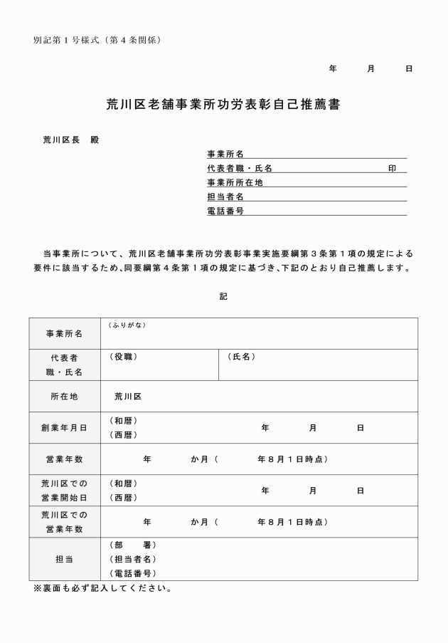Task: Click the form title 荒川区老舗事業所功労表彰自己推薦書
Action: [x=223, y=105]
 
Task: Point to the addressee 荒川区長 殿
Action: [x=70, y=140]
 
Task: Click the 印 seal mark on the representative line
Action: [x=392, y=168]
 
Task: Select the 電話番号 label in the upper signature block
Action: [x=225, y=211]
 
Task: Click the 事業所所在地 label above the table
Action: [x=235, y=182]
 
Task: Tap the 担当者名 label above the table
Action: [x=225, y=197]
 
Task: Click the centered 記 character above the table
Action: [x=223, y=296]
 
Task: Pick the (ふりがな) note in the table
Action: [x=127, y=325]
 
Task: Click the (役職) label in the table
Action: [x=123, y=357]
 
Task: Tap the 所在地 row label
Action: [x=64, y=397]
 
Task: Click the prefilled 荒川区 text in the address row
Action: [x=128, y=397]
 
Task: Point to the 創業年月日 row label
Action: [x=64, y=428]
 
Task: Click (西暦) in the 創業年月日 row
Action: [x=123, y=435]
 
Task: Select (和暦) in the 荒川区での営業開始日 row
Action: [x=123, y=483]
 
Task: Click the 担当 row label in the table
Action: [x=64, y=559]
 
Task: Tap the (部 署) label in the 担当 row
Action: [x=133, y=545]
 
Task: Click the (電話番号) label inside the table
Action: [x=133, y=573]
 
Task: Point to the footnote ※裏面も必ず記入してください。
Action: [x=102, y=589]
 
